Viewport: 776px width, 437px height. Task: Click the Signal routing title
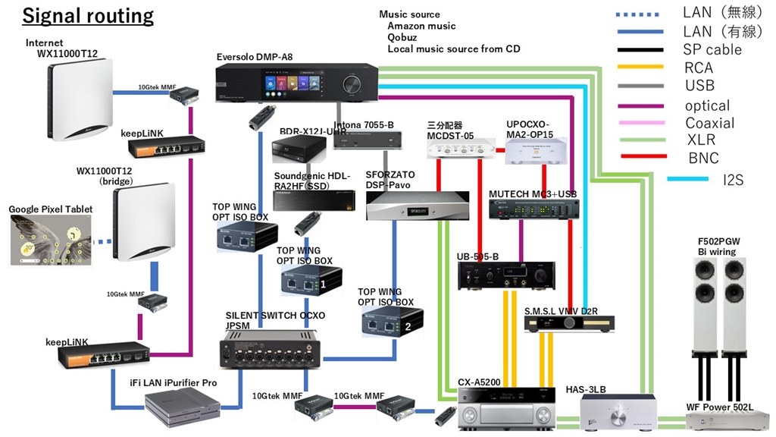pyautogui.click(x=88, y=16)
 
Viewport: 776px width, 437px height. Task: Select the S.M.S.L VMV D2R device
pyautogui.click(x=569, y=322)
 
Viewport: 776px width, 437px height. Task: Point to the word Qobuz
pyautogui.click(x=401, y=37)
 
